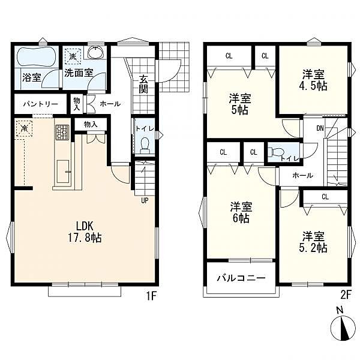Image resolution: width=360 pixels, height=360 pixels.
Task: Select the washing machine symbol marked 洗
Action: pyautogui.click(x=73, y=56)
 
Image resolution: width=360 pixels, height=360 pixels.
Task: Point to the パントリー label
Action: pyautogui.click(x=41, y=104)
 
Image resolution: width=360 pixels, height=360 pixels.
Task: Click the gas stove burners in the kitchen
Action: pyautogui.click(x=62, y=132)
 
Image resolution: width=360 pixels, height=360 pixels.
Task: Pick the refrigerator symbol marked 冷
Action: pyautogui.click(x=24, y=129)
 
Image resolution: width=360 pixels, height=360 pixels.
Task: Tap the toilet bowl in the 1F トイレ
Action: pyautogui.click(x=145, y=145)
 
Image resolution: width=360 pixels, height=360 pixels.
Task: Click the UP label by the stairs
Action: pyautogui.click(x=145, y=200)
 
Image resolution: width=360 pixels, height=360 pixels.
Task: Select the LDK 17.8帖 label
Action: pyautogui.click(x=85, y=232)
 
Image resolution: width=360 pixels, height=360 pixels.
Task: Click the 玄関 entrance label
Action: pyautogui.click(x=143, y=84)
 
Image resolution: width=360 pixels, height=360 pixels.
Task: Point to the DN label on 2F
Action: pyautogui.click(x=320, y=128)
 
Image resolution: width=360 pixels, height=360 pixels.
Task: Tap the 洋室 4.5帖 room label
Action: pyautogui.click(x=313, y=80)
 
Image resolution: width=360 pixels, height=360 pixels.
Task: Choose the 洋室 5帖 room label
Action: pyautogui.click(x=240, y=104)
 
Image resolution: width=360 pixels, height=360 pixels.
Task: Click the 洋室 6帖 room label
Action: pyautogui.click(x=241, y=212)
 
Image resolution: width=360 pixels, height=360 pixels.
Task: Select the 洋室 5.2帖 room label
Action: pyautogui.click(x=313, y=242)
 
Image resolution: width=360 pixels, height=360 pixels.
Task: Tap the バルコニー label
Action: pyautogui.click(x=241, y=278)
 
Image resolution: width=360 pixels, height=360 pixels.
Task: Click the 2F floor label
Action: pyautogui.click(x=346, y=295)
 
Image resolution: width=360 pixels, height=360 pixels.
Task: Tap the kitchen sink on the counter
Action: pyautogui.click(x=63, y=172)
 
